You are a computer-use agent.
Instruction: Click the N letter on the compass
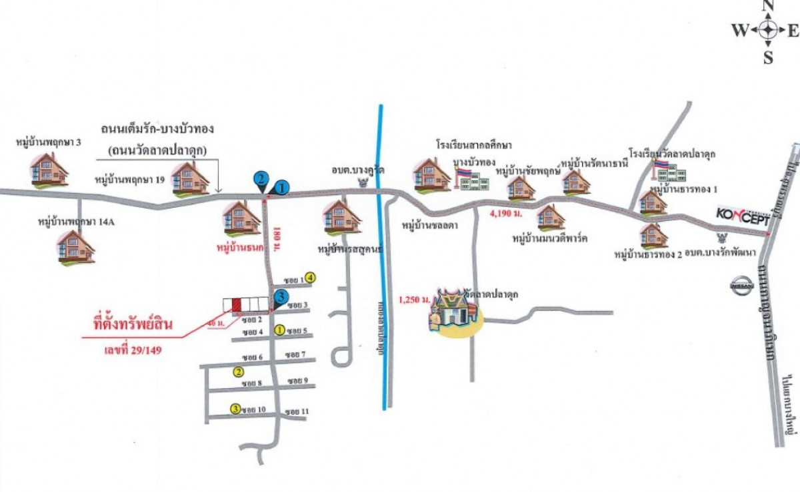click(x=768, y=7)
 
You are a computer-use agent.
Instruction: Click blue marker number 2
click(x=261, y=178)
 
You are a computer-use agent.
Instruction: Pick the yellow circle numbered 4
click(x=310, y=278)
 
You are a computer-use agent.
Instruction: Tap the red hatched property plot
click(x=236, y=304)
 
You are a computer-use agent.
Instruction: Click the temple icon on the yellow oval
click(x=455, y=310)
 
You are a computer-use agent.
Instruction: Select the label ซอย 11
click(x=296, y=411)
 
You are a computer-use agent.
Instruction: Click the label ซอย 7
click(x=295, y=354)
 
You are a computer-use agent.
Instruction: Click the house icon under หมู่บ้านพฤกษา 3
click(x=49, y=168)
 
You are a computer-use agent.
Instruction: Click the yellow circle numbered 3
click(x=235, y=409)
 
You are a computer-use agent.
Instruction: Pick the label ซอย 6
click(x=253, y=358)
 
